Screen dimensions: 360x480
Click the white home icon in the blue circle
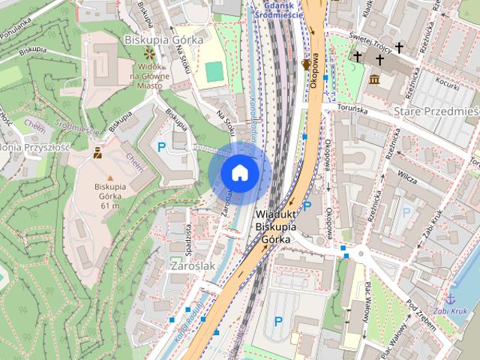(239, 172)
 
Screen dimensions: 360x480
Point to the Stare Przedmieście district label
(435, 112)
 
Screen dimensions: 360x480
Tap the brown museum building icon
(374, 79)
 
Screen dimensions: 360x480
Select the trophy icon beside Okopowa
(306, 64)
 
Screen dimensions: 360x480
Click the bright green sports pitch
(214, 71)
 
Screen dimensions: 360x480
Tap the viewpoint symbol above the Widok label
(148, 54)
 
